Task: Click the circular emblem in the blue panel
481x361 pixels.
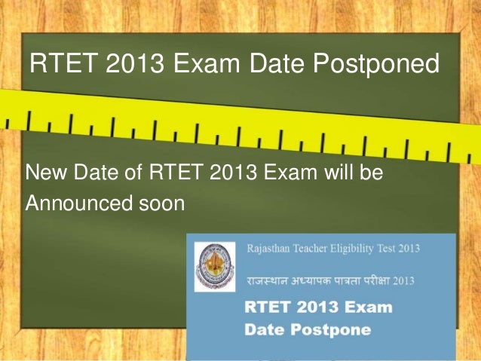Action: pyautogui.click(x=214, y=265)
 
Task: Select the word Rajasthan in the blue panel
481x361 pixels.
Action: pyautogui.click(x=273, y=248)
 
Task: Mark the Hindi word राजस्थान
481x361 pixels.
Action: pyautogui.click(x=270, y=281)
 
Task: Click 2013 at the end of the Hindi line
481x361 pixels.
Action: pyautogui.click(x=425, y=281)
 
